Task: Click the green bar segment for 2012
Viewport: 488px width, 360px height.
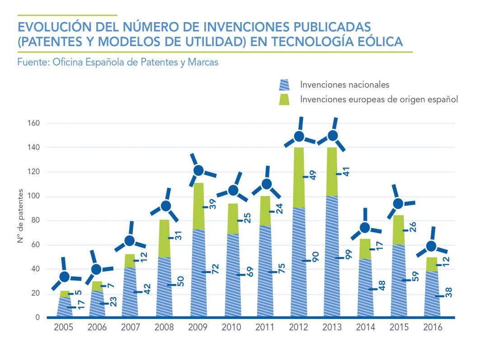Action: click(299, 178)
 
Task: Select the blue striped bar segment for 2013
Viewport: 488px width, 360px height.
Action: click(332, 256)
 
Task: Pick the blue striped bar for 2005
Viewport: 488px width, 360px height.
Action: click(64, 307)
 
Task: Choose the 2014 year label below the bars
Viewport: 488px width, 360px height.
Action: click(366, 327)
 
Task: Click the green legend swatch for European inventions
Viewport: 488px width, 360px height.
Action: click(284, 99)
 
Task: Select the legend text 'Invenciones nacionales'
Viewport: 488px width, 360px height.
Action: click(344, 84)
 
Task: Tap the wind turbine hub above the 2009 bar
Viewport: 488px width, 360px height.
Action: click(199, 171)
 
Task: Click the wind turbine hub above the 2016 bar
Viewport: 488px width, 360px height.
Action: click(432, 246)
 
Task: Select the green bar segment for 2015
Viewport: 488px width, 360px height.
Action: click(398, 230)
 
